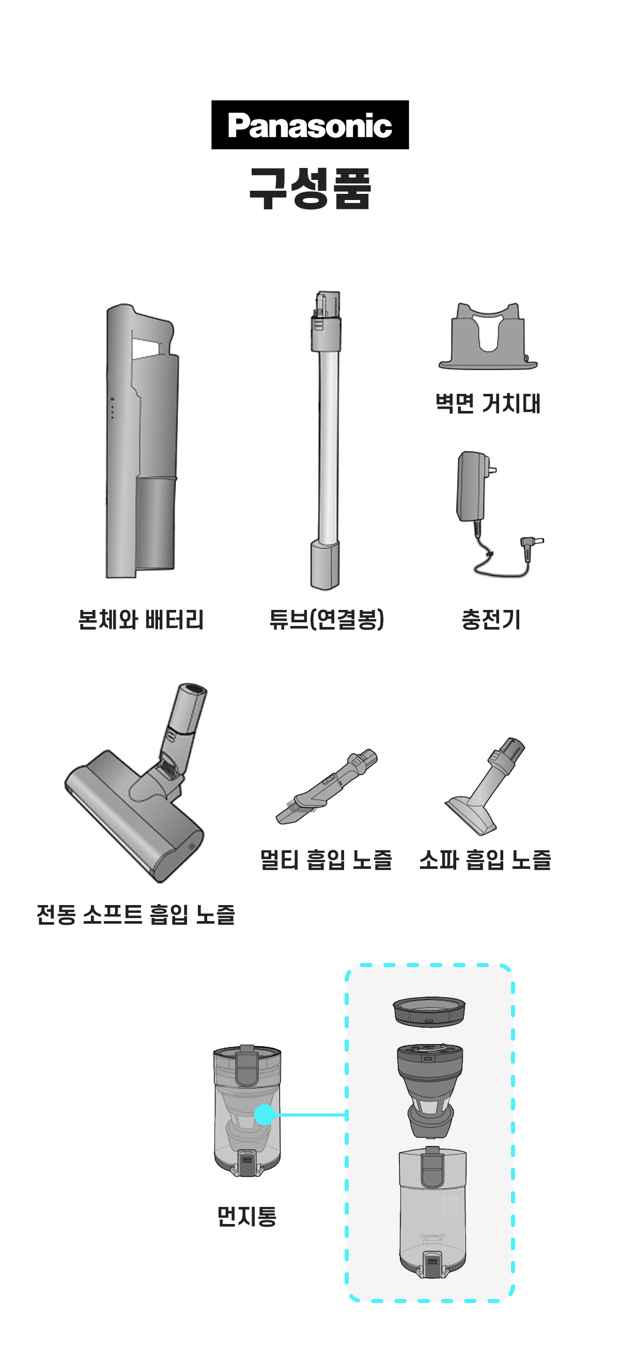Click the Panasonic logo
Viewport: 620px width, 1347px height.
[310, 125]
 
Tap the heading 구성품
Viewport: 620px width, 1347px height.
[310, 188]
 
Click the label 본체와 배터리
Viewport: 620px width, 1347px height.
[141, 620]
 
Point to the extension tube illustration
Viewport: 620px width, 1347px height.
[326, 440]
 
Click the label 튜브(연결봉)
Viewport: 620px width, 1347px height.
[327, 620]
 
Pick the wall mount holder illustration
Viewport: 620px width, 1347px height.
[488, 336]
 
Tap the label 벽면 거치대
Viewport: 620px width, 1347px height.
[488, 403]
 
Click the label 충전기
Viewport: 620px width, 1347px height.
[491, 620]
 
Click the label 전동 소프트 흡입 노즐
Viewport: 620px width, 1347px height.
[136, 914]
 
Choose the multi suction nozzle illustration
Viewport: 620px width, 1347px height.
[326, 787]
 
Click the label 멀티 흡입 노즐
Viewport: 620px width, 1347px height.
[326, 860]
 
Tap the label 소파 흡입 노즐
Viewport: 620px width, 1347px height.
[485, 860]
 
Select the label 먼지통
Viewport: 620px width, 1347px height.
[247, 1216]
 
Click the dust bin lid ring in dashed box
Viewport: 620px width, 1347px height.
[429, 1012]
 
